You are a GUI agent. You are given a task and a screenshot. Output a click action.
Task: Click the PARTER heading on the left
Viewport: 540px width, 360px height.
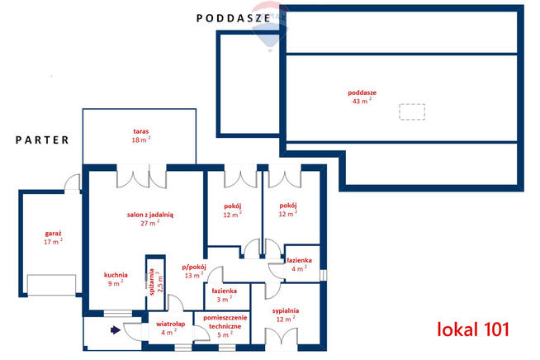point(43,140)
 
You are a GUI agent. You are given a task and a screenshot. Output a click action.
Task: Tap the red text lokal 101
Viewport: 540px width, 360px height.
point(473,329)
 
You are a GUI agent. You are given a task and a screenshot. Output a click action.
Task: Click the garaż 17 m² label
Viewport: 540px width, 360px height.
point(54,238)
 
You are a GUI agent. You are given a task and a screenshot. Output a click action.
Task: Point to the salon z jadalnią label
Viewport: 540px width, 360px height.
point(149,218)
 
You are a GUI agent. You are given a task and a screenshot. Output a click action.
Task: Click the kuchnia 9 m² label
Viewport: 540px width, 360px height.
point(114,279)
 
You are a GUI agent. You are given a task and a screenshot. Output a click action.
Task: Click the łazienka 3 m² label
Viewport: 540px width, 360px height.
point(225,295)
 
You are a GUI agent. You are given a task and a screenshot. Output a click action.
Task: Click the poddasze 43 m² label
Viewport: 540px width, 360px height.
point(362,97)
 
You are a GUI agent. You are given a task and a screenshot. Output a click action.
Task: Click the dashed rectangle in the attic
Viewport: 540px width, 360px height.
point(412,111)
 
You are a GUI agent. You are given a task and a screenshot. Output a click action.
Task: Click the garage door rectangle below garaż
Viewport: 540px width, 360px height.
point(51,285)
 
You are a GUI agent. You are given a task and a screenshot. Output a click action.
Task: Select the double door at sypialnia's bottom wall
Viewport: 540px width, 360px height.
point(280,338)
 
